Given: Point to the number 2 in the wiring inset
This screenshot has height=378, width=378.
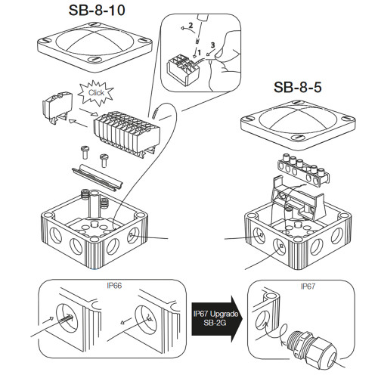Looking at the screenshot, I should pos(192,26).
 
